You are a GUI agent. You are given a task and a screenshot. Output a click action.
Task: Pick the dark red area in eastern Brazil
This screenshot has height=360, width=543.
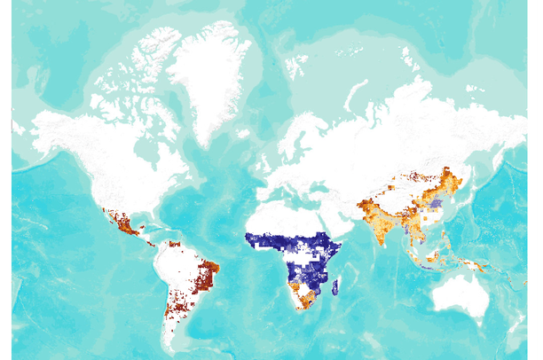click(x=209, y=270)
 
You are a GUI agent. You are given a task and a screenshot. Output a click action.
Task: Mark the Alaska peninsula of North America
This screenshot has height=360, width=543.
click(x=44, y=129)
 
